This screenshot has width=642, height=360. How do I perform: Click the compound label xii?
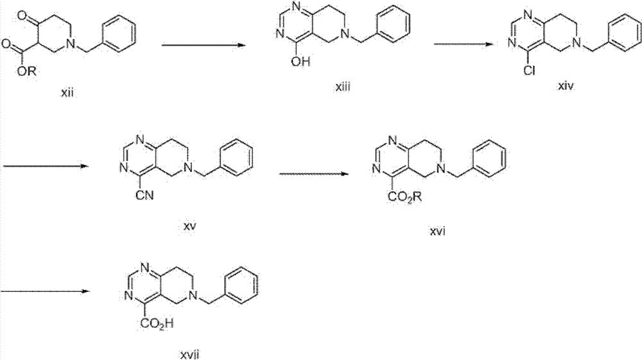[x=67, y=93]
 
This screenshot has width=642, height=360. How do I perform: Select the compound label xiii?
[x=342, y=87]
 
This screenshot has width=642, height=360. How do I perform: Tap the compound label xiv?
[x=566, y=86]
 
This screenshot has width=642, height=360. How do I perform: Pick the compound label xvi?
[x=437, y=231]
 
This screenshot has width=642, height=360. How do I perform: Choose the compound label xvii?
[x=191, y=354]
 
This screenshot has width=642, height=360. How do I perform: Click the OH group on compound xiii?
[x=301, y=62]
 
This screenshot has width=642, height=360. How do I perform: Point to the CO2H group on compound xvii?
[x=157, y=323]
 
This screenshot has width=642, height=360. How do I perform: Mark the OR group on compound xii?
[x=27, y=72]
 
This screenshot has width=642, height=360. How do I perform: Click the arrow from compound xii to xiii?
[x=204, y=45]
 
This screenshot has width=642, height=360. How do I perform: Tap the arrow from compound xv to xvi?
[x=314, y=174]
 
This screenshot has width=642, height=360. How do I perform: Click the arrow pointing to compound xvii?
[x=46, y=291]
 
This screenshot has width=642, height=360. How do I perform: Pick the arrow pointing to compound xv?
[x=46, y=166]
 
